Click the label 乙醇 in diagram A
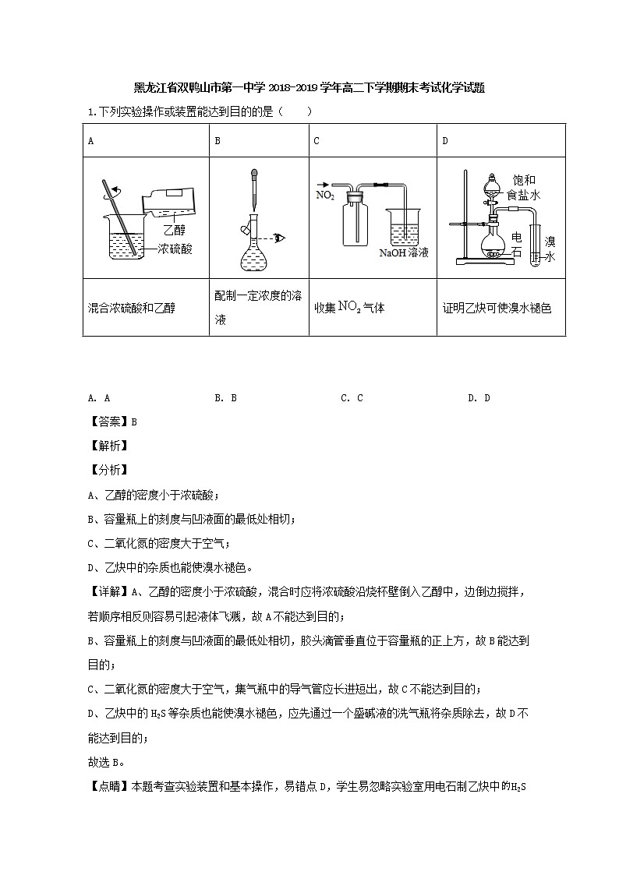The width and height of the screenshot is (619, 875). (175, 231)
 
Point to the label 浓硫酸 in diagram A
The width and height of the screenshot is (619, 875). (175, 249)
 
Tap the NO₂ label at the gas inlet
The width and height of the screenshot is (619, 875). (324, 195)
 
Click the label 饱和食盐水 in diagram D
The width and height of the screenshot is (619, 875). (522, 188)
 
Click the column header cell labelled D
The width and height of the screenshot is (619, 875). (445, 141)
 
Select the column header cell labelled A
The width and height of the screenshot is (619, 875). (91, 141)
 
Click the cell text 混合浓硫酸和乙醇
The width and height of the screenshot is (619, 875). (132, 308)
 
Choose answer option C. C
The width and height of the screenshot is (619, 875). (352, 397)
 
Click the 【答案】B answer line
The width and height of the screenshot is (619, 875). (113, 422)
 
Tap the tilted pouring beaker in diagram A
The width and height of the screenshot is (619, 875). (168, 201)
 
